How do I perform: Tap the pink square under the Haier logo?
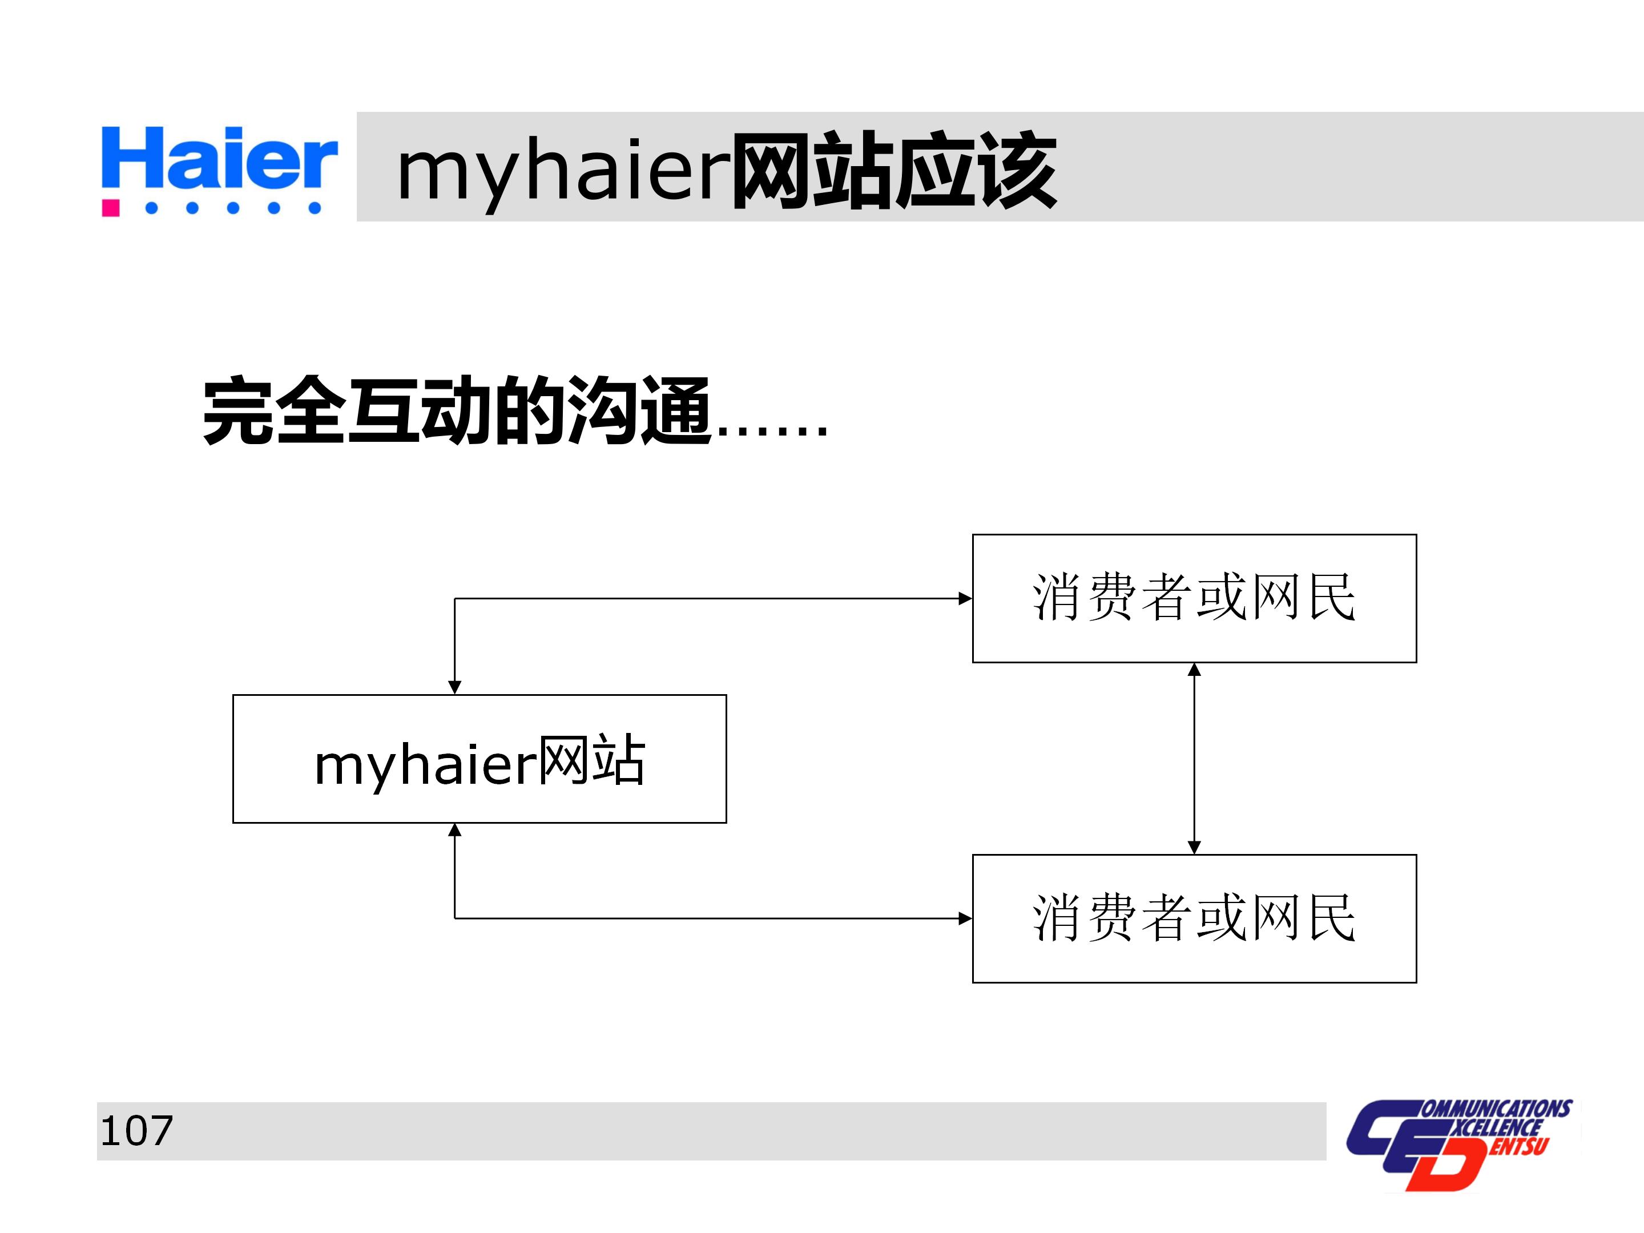[x=111, y=207]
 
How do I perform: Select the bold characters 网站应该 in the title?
[x=893, y=171]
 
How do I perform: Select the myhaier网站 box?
[x=479, y=759]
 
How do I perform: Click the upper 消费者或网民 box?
[x=1194, y=598]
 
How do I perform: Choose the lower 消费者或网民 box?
[x=1194, y=918]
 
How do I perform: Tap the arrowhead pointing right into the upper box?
[x=965, y=598]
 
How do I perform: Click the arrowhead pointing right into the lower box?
[x=965, y=918]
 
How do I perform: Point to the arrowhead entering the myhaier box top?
[x=455, y=687]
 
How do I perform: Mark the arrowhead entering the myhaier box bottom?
[x=455, y=830]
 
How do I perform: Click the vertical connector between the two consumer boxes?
[x=1194, y=758]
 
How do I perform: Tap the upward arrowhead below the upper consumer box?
[x=1194, y=670]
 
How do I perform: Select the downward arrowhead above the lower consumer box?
[x=1194, y=847]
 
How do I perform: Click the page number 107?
[x=136, y=1131]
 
